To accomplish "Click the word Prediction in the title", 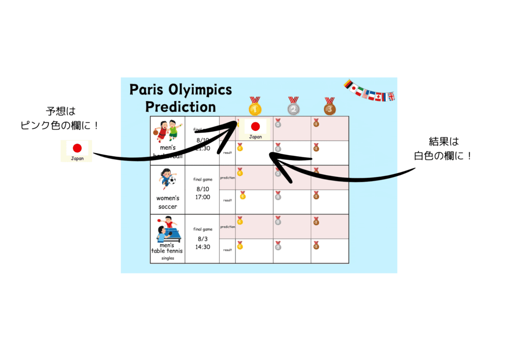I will pos(180,106).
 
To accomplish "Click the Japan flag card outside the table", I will pos(77,151).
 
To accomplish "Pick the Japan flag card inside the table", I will pos(255,129).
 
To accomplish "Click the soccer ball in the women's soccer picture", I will pos(172,180).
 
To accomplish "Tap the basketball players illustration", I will pos(167,131).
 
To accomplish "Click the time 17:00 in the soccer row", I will pos(203,197).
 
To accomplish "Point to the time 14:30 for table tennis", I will pos(203,247).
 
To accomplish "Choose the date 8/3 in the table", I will pos(203,239).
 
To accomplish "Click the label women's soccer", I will pos(168,202).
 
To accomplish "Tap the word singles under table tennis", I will pos(168,258).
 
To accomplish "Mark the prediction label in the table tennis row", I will pos(227,227).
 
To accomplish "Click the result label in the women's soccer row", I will pos(227,200).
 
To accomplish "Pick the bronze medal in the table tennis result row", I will pos(316,245).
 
